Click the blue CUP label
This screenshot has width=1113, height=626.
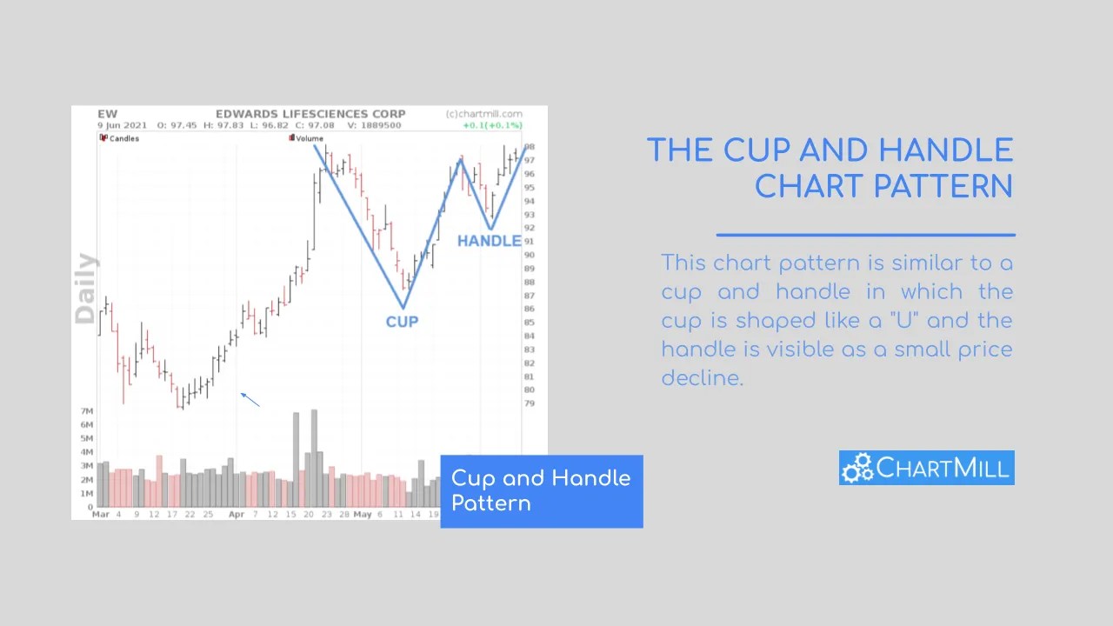(402, 322)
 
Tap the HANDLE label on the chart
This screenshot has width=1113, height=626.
(489, 241)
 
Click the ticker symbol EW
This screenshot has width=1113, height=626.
(107, 114)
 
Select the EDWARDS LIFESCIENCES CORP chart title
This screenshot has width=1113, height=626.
(310, 114)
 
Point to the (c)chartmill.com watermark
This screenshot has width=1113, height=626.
(483, 114)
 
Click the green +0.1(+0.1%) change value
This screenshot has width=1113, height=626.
(492, 125)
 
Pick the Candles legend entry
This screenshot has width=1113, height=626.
(123, 138)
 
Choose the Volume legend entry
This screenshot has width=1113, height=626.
(309, 138)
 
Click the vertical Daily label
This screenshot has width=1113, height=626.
(85, 289)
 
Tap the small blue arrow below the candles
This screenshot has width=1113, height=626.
(250, 399)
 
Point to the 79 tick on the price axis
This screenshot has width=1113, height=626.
(530, 403)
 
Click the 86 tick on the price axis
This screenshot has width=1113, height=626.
(530, 309)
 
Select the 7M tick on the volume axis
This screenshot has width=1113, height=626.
(87, 411)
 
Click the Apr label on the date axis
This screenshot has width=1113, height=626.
(237, 515)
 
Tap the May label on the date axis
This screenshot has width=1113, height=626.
(362, 515)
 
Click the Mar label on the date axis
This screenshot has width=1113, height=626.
(102, 515)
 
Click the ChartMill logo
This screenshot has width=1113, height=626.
(926, 468)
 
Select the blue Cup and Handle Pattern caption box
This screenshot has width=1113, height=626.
(541, 491)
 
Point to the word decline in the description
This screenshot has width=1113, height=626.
(702, 378)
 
